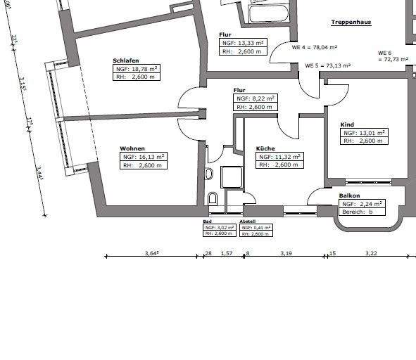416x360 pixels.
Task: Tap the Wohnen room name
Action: [x=132, y=149]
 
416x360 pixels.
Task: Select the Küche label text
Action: [x=265, y=149]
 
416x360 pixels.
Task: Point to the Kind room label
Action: [x=346, y=124]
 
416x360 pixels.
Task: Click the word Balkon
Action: [x=350, y=195]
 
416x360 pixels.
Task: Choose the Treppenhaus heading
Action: [x=351, y=22]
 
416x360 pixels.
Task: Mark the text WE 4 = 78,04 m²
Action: [x=315, y=48]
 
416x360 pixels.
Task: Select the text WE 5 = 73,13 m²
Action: [x=327, y=65]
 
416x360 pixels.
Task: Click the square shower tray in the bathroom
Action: [x=232, y=177]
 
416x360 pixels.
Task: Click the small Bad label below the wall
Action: [x=207, y=221]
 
